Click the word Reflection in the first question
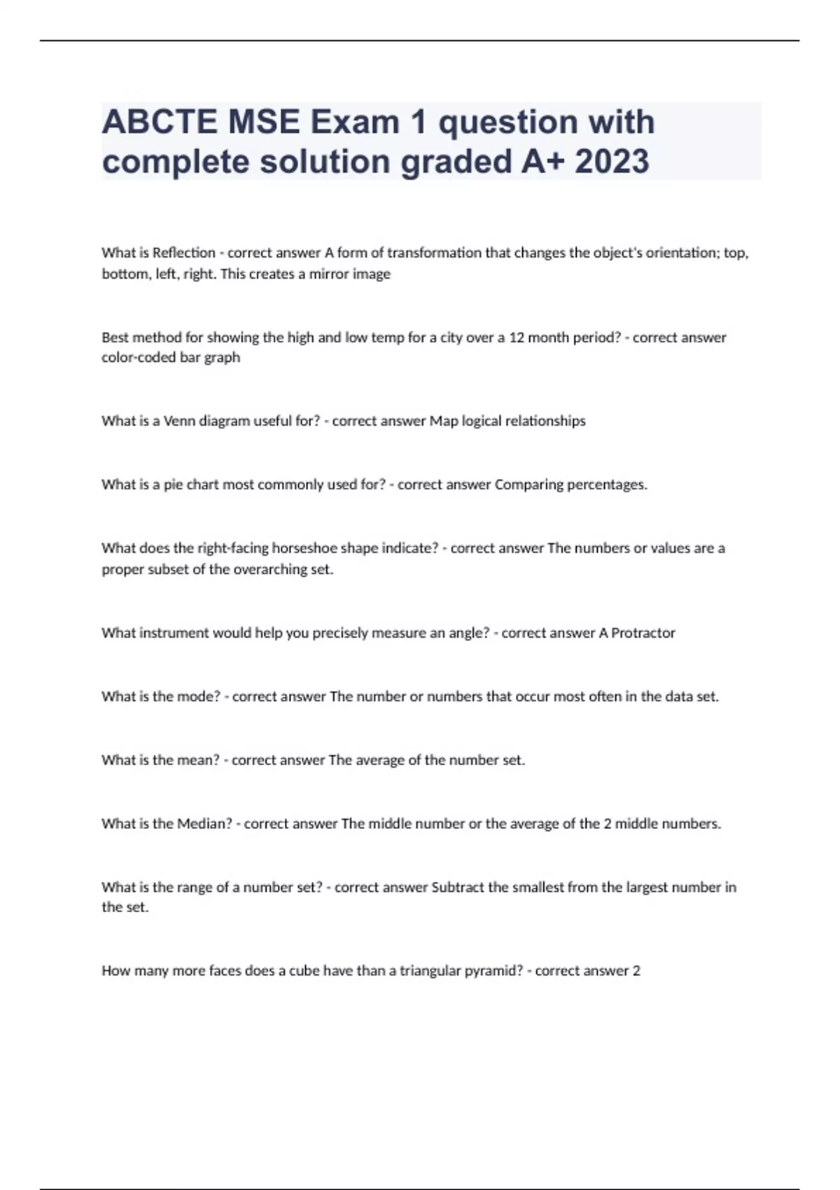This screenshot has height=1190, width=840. (184, 253)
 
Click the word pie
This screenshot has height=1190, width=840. (173, 485)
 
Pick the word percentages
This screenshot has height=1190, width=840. (607, 485)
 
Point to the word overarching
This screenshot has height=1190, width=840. (269, 570)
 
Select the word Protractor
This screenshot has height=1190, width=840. (643, 633)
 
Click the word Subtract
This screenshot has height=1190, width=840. (458, 888)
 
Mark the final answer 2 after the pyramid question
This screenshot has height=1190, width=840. (636, 971)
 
